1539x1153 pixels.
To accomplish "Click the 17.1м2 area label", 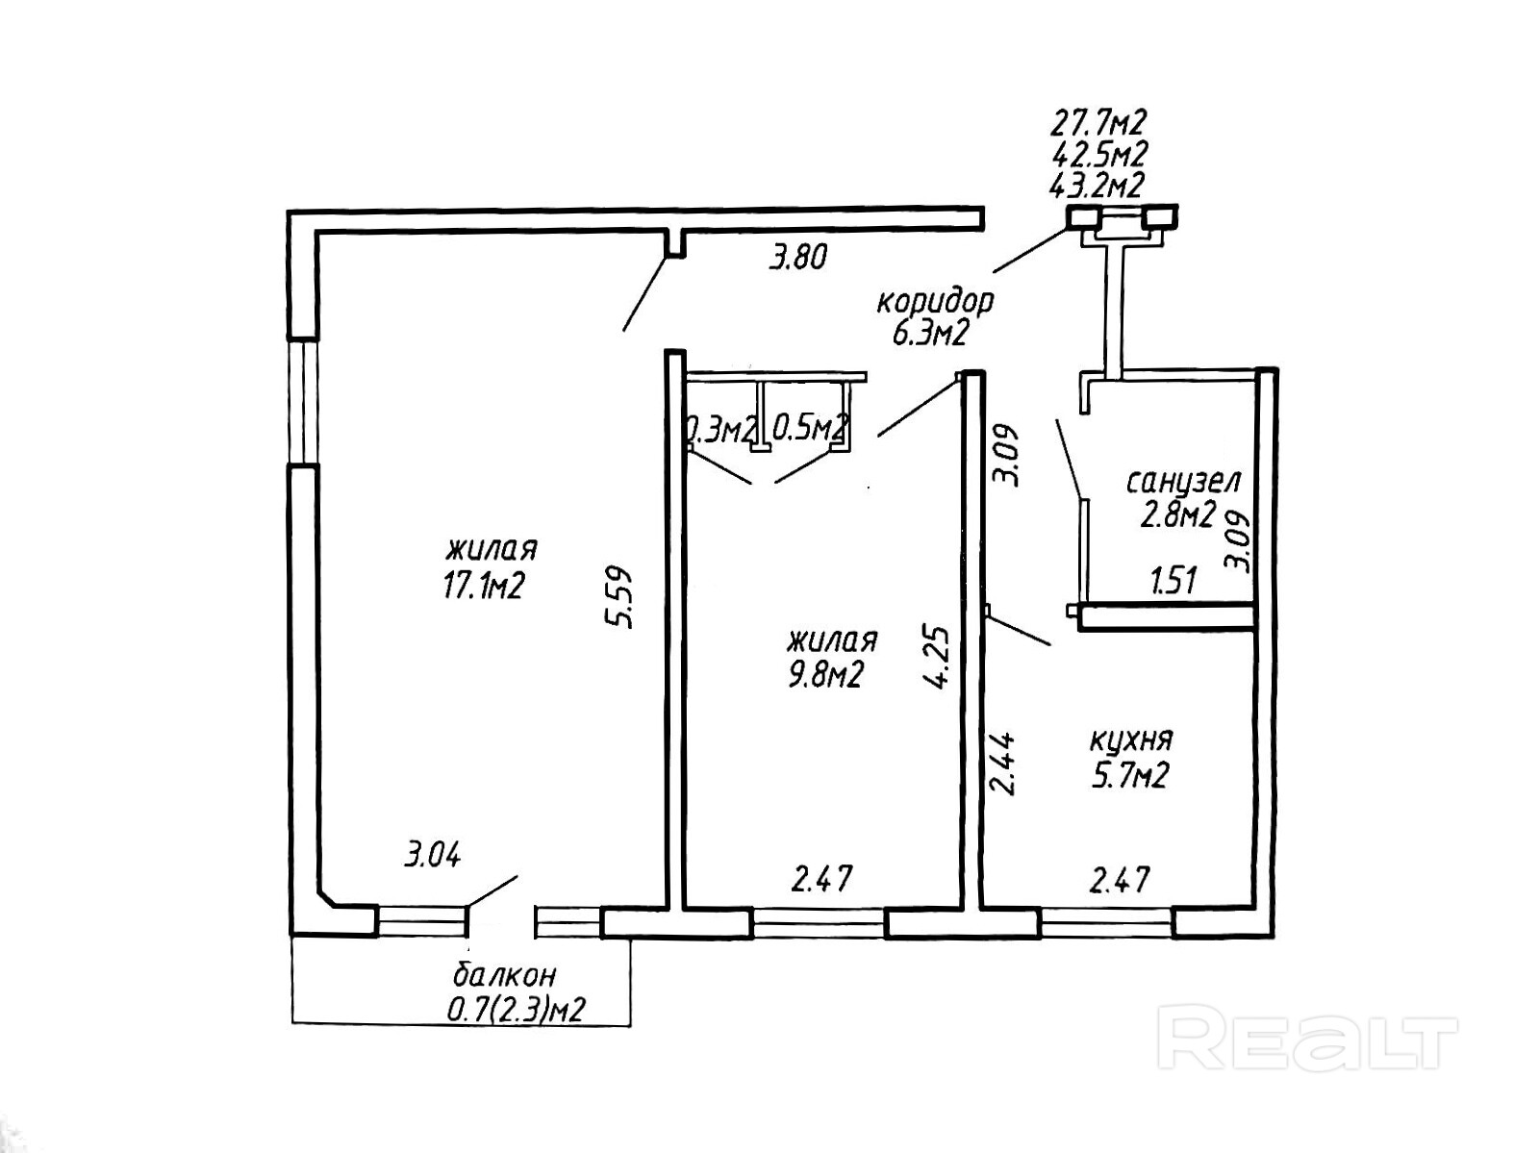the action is [x=482, y=586].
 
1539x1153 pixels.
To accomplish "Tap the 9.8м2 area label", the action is [x=824, y=675].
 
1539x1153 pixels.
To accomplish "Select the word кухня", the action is [x=1131, y=740].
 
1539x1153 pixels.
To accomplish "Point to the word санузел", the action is [x=1183, y=480].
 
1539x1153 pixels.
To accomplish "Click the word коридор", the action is [x=934, y=302].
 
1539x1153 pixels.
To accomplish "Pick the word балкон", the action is [x=504, y=975].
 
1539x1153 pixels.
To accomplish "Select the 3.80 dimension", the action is [x=797, y=258].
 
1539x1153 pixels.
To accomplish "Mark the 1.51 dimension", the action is [x=1173, y=581].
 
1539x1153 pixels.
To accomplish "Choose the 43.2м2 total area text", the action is [x=1097, y=185].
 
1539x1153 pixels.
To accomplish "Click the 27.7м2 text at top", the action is [x=1097, y=122].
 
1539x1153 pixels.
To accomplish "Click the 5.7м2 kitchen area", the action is [x=1128, y=775].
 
